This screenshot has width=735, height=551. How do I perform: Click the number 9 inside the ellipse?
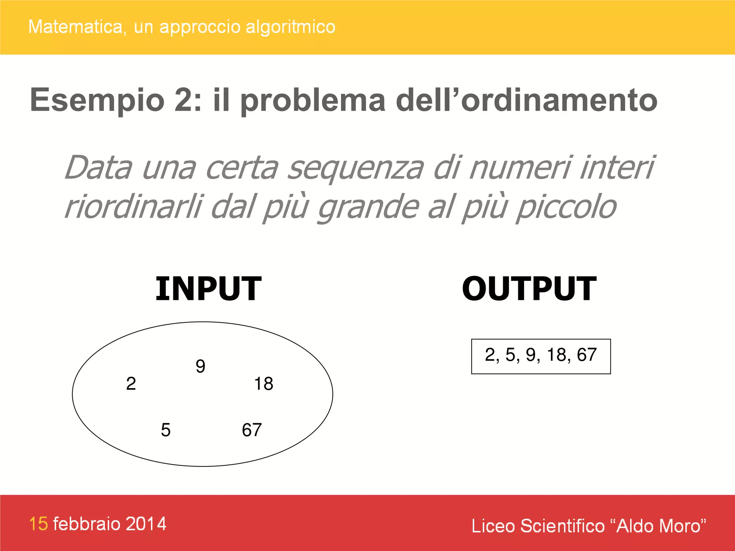point(201,366)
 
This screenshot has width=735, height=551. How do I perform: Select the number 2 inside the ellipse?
point(131,383)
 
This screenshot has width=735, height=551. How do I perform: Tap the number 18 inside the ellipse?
point(263,383)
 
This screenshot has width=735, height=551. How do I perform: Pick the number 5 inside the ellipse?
point(165,430)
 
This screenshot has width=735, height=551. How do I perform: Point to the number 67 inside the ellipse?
point(252,430)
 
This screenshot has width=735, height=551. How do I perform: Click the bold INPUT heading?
point(208,289)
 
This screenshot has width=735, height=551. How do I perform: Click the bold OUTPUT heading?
point(529,289)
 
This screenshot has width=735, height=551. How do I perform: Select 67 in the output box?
point(586,355)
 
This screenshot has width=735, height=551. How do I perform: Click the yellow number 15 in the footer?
point(38,524)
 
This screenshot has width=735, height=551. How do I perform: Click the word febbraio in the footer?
point(86,524)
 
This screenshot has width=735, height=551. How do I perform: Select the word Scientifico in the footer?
point(562,526)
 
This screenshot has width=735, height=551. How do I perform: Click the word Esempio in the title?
point(97,100)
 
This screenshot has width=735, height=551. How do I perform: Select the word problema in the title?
point(313,100)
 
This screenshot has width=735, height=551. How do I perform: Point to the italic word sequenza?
point(355,168)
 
